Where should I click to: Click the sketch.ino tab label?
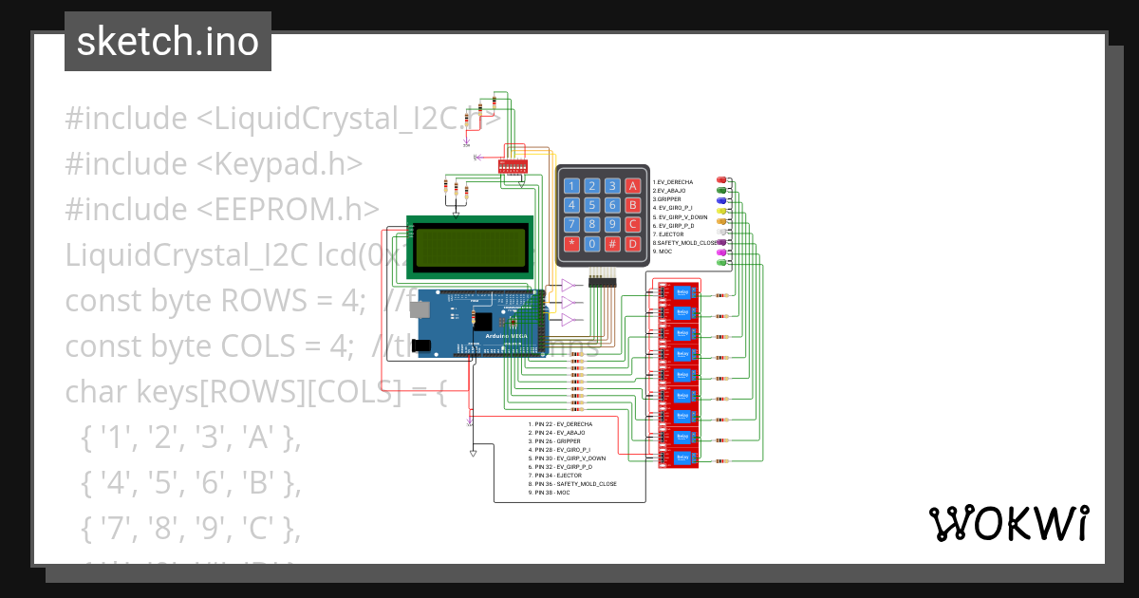(x=168, y=42)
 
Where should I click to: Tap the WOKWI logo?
(x=1008, y=523)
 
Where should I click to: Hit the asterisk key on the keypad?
(x=571, y=244)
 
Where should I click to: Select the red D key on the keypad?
(x=633, y=244)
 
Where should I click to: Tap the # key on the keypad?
(x=612, y=244)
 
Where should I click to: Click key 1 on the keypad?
(x=571, y=186)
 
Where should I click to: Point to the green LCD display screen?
(x=469, y=247)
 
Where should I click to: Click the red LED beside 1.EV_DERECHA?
(x=721, y=180)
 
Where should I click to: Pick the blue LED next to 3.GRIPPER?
(x=721, y=199)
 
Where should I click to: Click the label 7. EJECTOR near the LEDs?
(x=668, y=234)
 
